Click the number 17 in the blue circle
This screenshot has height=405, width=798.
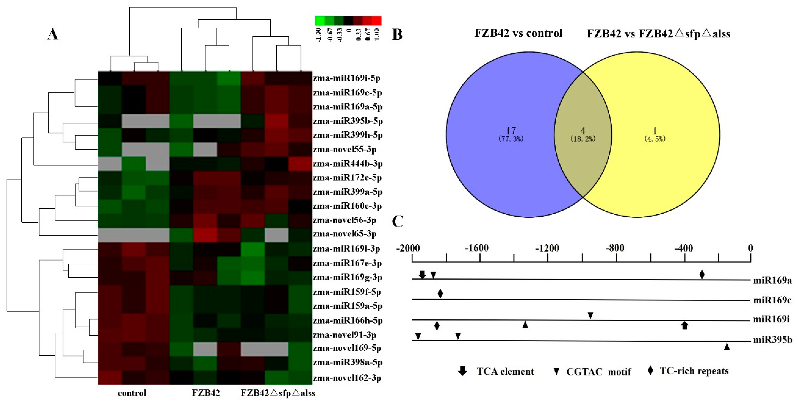[511, 131]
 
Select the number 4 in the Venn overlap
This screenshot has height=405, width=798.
[583, 131]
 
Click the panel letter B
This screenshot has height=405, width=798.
[397, 34]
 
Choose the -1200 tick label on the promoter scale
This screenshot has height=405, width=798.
[547, 248]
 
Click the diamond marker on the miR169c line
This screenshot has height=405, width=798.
[440, 293]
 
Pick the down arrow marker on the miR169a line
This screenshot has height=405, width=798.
[422, 274]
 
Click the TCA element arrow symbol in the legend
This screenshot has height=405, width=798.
[463, 371]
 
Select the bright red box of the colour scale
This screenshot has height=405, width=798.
[376, 21]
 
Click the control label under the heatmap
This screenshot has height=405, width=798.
[132, 393]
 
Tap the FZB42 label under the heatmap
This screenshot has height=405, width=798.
[206, 393]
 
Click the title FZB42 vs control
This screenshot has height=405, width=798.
[518, 33]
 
